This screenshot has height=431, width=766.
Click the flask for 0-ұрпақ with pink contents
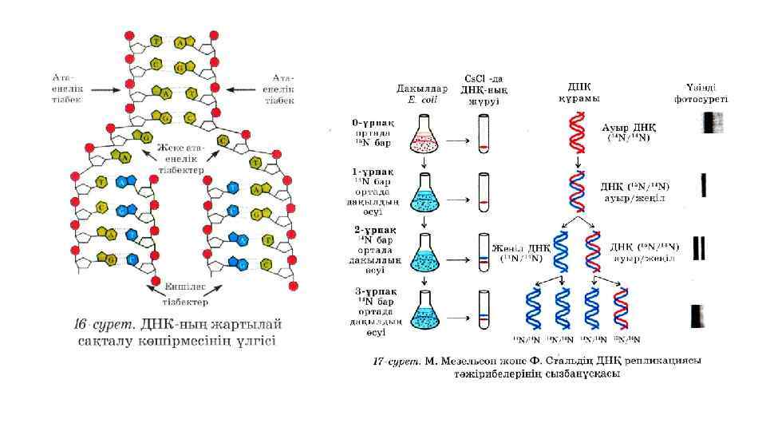point(424,136)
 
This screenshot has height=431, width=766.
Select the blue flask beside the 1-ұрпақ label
point(424,196)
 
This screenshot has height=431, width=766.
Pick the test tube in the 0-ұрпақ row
point(484,135)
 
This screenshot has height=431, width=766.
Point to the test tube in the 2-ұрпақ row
point(484,252)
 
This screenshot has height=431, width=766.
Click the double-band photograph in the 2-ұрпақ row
point(701,247)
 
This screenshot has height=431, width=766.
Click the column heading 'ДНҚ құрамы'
point(578,93)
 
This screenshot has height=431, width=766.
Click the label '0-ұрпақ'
point(373,125)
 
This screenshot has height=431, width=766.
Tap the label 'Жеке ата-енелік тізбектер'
point(180,159)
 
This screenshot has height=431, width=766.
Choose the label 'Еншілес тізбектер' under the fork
point(186,294)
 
